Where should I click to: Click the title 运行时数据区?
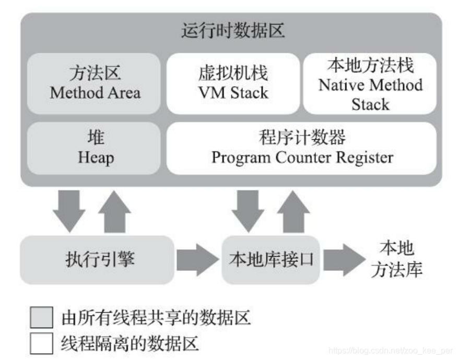point(233,31)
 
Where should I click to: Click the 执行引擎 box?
point(97,260)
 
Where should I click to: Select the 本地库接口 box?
point(271,260)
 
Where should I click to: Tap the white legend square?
point(41,343)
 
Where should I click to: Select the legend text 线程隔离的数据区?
point(131,344)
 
